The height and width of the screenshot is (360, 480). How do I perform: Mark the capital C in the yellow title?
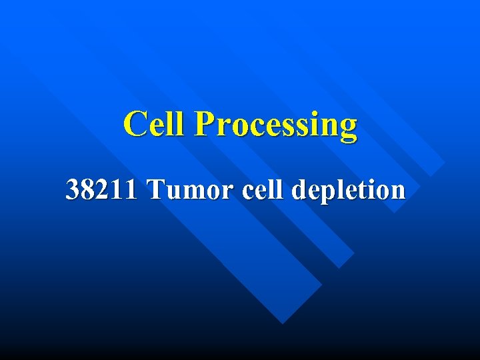click(x=136, y=124)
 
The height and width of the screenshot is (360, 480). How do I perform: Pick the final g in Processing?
click(x=348, y=129)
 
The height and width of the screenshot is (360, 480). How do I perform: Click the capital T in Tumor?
click(x=156, y=190)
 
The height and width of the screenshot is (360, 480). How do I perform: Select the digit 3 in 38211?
click(x=73, y=190)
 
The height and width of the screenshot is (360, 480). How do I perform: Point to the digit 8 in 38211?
click(x=87, y=190)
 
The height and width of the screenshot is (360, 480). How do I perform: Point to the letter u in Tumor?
click(x=171, y=192)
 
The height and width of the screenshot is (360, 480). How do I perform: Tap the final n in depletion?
click(x=397, y=192)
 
